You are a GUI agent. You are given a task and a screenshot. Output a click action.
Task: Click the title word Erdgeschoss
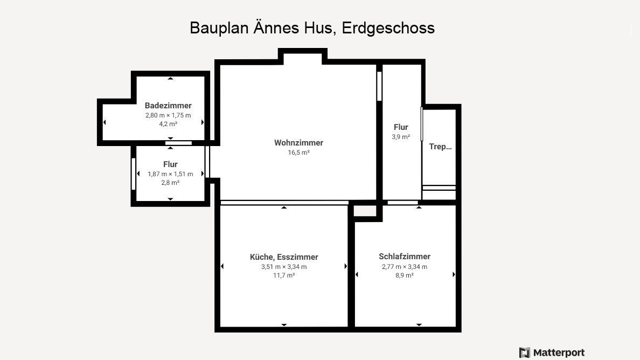coord(388,28)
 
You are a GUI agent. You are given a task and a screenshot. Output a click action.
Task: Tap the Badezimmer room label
coord(168,105)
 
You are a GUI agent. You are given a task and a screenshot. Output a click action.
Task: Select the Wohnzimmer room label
coord(299,142)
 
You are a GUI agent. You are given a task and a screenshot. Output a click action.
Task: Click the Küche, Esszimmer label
coord(284,257)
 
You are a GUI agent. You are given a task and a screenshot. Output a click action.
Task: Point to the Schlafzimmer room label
coord(405,257)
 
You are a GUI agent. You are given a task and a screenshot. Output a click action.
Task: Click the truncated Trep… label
coord(441,147)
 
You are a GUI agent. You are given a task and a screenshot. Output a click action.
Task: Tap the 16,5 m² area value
coord(299,152)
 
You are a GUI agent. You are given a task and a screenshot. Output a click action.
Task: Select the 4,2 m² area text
coord(168,123)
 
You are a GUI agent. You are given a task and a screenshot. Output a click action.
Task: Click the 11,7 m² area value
coord(284,275)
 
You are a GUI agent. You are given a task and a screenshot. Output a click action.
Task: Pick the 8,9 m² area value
coord(405,275)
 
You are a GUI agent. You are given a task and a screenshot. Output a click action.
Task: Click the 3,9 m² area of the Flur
coord(401,137)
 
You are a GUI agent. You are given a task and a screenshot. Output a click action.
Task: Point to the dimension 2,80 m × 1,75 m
coord(168,115)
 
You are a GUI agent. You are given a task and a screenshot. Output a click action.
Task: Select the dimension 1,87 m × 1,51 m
coord(170,174)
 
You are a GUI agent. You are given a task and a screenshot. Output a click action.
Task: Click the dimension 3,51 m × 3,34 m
coord(284,267)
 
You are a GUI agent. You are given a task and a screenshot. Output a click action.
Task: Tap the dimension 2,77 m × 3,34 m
coord(405,267)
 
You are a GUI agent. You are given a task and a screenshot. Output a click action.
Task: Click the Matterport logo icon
coord(525,352)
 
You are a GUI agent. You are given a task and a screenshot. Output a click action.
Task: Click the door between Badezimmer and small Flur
coord(178,143)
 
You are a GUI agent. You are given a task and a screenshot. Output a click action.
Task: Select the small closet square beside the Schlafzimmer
coord(365,211)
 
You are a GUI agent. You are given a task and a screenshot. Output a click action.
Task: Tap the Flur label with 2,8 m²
coord(170,164)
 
